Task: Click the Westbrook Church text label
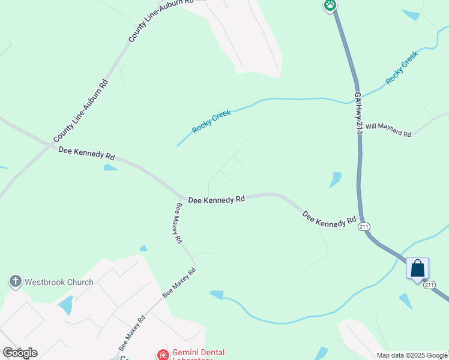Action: pyautogui.click(x=59, y=282)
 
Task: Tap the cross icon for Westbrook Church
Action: pyautogui.click(x=16, y=281)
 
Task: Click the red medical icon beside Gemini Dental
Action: pyautogui.click(x=162, y=355)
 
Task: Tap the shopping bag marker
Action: pyautogui.click(x=417, y=269)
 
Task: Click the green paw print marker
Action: pyautogui.click(x=330, y=6)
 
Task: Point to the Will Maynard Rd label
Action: pyautogui.click(x=388, y=130)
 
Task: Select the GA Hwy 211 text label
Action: pyautogui.click(x=359, y=113)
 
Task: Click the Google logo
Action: pyautogui.click(x=19, y=353)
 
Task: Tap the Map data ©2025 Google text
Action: pyautogui.click(x=412, y=355)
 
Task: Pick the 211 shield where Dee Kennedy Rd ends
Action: pyautogui.click(x=364, y=227)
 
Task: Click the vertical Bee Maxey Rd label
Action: pyautogui.click(x=178, y=223)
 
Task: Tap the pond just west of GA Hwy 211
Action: pyautogui.click(x=335, y=179)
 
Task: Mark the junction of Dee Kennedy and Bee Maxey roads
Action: pyautogui.click(x=182, y=197)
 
